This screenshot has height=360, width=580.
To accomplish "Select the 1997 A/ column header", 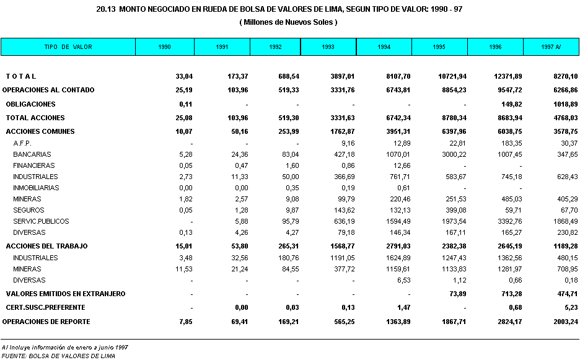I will tap(551, 47).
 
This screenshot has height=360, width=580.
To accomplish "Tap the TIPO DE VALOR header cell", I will tap(68, 47).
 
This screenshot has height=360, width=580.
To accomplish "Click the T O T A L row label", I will tap(21, 76).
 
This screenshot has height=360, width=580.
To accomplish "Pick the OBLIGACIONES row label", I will tap(30, 104).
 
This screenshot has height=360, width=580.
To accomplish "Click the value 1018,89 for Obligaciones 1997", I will tap(563, 104).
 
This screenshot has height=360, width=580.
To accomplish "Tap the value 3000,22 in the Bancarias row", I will tap(451, 154).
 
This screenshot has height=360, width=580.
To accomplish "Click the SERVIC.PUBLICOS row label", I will tap(41, 221).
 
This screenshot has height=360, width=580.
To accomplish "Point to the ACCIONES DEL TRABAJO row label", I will tap(46, 246).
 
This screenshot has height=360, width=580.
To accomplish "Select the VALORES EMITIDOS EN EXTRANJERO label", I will tap(65, 294).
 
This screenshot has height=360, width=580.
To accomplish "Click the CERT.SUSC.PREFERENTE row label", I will tap(45, 307).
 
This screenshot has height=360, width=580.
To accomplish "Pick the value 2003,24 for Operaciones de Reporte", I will tap(563, 322).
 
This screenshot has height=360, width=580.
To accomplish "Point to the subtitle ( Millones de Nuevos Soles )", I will tap(288, 22).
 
